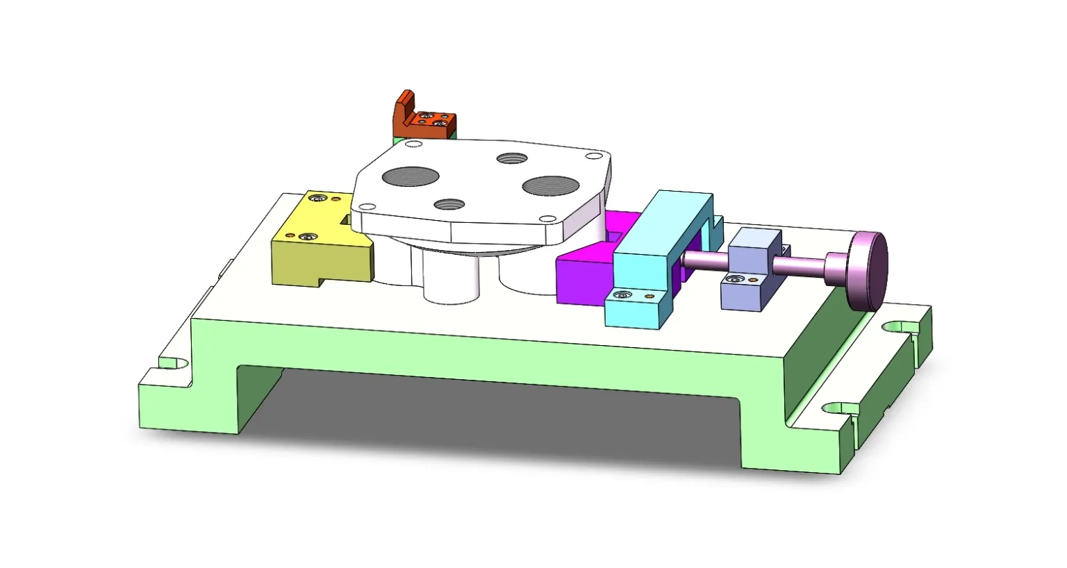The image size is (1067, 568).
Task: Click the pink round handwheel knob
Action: [866, 271]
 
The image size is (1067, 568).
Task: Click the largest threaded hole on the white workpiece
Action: [411, 176]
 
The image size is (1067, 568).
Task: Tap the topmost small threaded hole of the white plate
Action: [512, 158]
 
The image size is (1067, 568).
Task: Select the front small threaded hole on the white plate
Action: [449, 205]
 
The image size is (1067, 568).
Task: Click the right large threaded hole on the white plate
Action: [550, 185]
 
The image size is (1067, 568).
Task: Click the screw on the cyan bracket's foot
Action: [622, 296]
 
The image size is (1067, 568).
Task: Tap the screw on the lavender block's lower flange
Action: [736, 280]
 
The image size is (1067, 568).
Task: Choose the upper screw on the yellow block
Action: [318, 200]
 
